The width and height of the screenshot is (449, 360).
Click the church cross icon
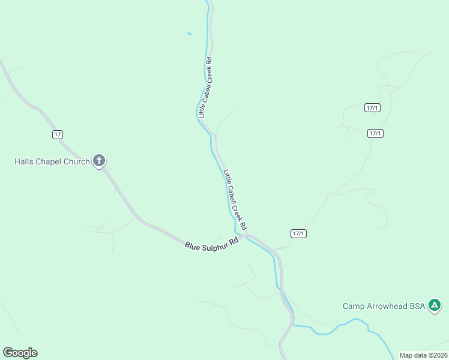coord(100,161)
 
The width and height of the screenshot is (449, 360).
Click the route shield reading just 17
coord(57,134)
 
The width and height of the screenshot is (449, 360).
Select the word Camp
coord(354,306)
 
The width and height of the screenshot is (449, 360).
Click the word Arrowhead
coord(387,306)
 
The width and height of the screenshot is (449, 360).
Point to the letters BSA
coord(417,306)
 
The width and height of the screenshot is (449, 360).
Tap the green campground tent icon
coord(435,306)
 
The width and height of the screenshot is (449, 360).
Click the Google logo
coord(20,353)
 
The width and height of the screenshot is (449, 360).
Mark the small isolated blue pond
coord(189,34)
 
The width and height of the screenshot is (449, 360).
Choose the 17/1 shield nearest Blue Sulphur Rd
coord(298,233)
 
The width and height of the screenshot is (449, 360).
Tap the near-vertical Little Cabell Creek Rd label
coord(205,86)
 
